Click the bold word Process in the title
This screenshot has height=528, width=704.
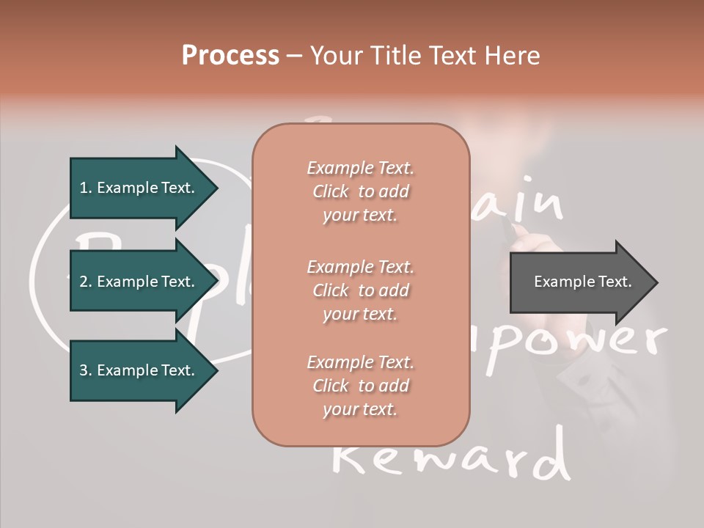(230, 56)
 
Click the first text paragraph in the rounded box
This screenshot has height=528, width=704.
(360, 191)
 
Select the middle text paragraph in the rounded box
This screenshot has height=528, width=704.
(360, 290)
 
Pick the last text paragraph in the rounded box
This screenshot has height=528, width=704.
(360, 386)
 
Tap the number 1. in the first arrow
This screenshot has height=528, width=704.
(86, 188)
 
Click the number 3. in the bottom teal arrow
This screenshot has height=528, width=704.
(86, 370)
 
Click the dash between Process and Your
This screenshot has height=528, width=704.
(295, 56)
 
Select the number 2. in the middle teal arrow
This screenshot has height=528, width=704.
(86, 282)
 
